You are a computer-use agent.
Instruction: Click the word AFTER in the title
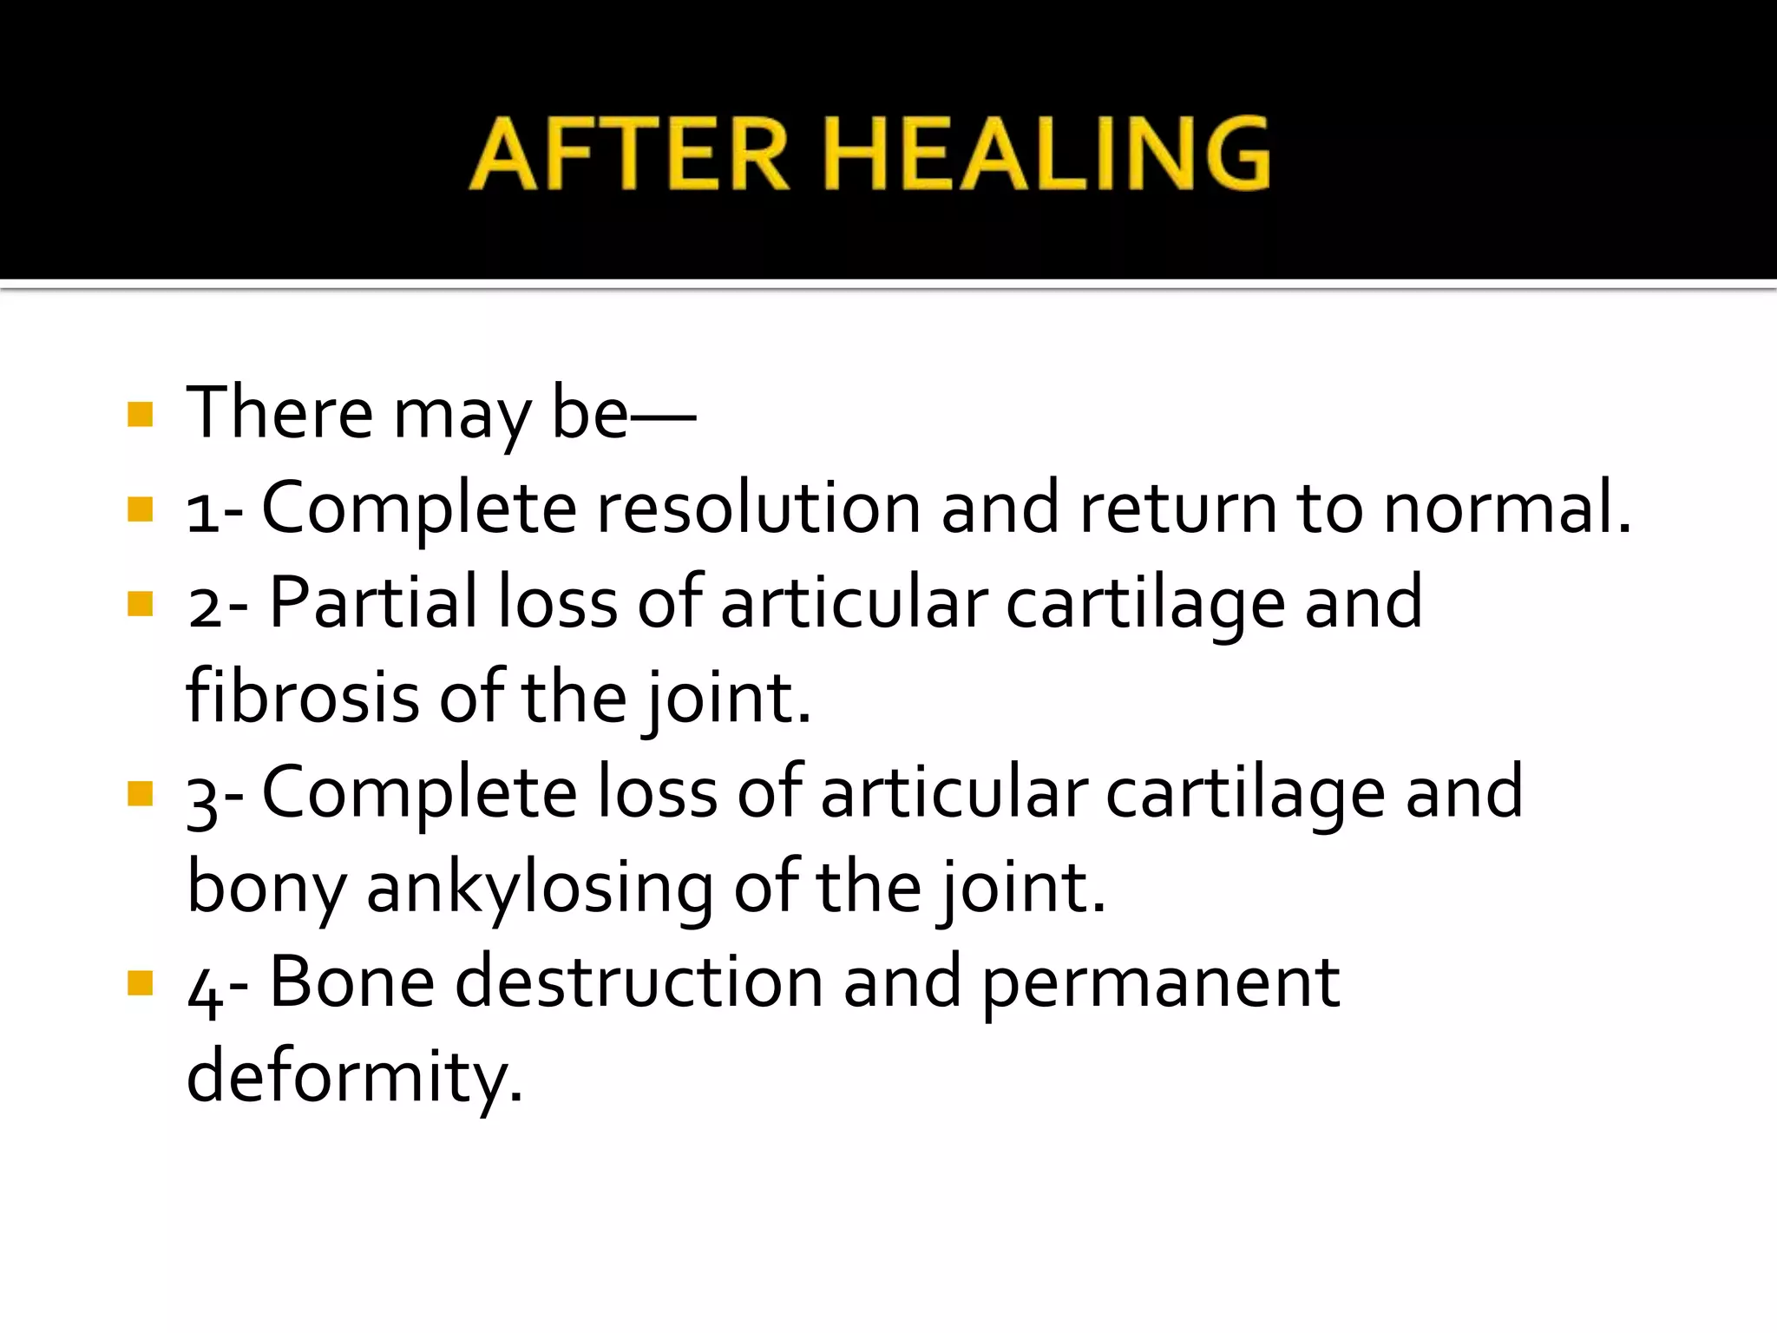coord(629,154)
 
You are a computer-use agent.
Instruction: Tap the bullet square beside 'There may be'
coord(140,414)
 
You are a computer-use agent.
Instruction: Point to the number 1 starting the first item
coord(201,512)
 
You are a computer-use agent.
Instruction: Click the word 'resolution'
coord(757,508)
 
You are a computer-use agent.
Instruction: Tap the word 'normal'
coord(1498,508)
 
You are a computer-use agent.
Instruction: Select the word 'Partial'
coord(373,602)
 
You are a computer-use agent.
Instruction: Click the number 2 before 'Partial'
coord(205,607)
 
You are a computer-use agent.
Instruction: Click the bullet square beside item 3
coord(140,793)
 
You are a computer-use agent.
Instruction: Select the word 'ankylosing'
coord(540,888)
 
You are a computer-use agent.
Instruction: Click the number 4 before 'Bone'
coord(204,990)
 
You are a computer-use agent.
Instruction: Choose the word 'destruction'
coord(639,982)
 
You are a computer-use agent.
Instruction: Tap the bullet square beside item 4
coord(140,983)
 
